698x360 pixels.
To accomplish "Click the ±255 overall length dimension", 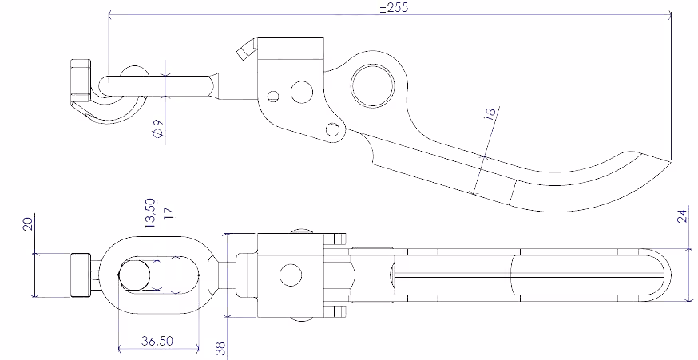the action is pos(394,7).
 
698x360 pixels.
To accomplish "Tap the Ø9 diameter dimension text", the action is pos(158,129).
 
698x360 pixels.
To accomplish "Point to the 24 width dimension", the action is pos(681,216).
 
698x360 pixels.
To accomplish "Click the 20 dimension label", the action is pos(28,224).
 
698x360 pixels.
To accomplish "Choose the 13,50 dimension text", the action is pos(150,214).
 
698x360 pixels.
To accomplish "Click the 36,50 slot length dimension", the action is pos(157,341).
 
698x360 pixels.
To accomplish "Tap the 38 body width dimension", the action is pos(220,348).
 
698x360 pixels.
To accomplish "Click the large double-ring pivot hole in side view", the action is pos(373,86).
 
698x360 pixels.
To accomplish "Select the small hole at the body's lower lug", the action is pos(332,129).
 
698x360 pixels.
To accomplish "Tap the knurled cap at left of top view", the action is pos(81,275).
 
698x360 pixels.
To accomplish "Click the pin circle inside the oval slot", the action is pos(134,275).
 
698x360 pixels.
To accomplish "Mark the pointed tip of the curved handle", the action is pos(669,160).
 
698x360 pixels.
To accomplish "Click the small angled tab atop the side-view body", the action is pos(247,49).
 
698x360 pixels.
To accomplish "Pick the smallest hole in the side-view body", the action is pos(273,96).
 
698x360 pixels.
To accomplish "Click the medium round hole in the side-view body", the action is pos(301,93).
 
